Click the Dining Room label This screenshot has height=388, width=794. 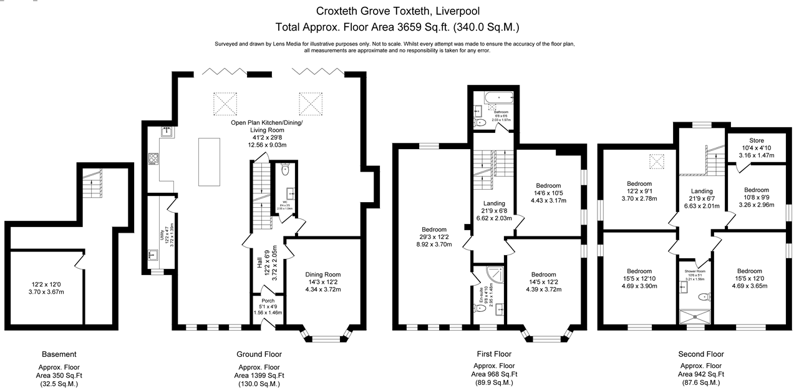(323, 274)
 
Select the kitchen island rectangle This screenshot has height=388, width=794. (209, 162)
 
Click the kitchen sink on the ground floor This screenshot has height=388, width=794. (167, 132)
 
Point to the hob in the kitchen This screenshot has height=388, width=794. (153, 160)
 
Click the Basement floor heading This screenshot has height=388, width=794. (59, 354)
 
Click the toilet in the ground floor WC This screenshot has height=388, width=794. (285, 169)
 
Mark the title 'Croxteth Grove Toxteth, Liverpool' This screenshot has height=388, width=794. (397, 11)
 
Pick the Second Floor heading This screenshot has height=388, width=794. (701, 354)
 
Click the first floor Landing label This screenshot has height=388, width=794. (494, 203)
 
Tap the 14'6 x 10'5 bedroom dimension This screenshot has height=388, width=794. (548, 193)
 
